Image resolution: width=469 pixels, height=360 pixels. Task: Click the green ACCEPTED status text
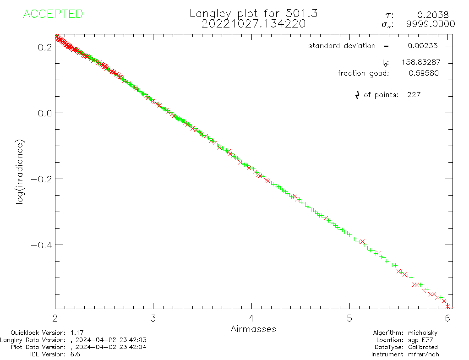coord(53,14)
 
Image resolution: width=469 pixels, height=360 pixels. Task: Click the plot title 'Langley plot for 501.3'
coord(253,14)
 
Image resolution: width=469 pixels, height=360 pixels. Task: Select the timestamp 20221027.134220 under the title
coord(253,24)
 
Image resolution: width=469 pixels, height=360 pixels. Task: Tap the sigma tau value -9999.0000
coord(427,24)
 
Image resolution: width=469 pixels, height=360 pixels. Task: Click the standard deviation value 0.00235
coord(423,46)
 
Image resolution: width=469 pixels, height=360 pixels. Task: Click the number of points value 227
coord(414,95)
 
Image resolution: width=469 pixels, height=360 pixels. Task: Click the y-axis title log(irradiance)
coord(20,178)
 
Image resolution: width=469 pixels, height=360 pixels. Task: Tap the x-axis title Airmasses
coord(253,329)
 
